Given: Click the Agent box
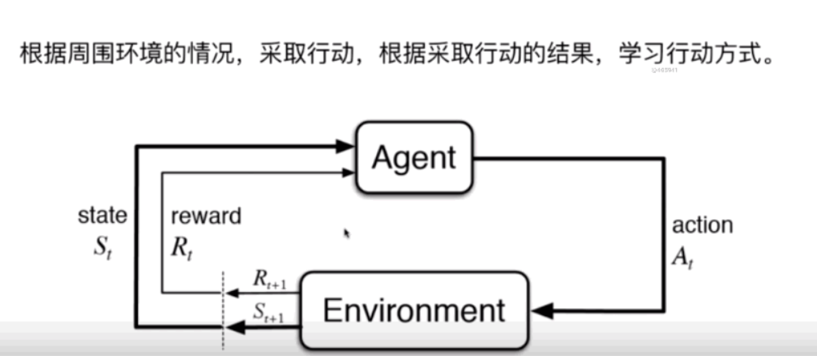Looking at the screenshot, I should click(x=413, y=157).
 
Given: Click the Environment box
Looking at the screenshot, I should click(x=413, y=311).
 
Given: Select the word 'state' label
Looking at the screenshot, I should click(x=102, y=215).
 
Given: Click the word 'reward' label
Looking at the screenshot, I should click(x=206, y=216).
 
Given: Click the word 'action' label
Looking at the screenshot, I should click(x=702, y=225).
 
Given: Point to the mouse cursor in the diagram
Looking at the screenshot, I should click(x=348, y=234).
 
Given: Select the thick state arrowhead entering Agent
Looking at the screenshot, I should click(x=347, y=147).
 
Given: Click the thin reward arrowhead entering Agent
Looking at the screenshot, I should click(x=349, y=171).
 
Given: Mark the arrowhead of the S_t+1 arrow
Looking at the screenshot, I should click(x=232, y=327).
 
